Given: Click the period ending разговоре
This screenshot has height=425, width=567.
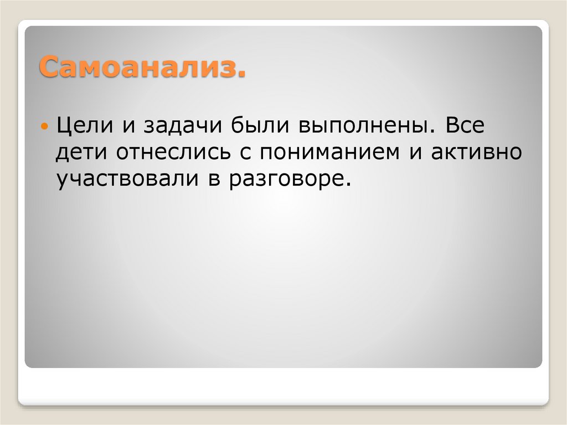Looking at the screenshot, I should pyautogui.click(x=348, y=187).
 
